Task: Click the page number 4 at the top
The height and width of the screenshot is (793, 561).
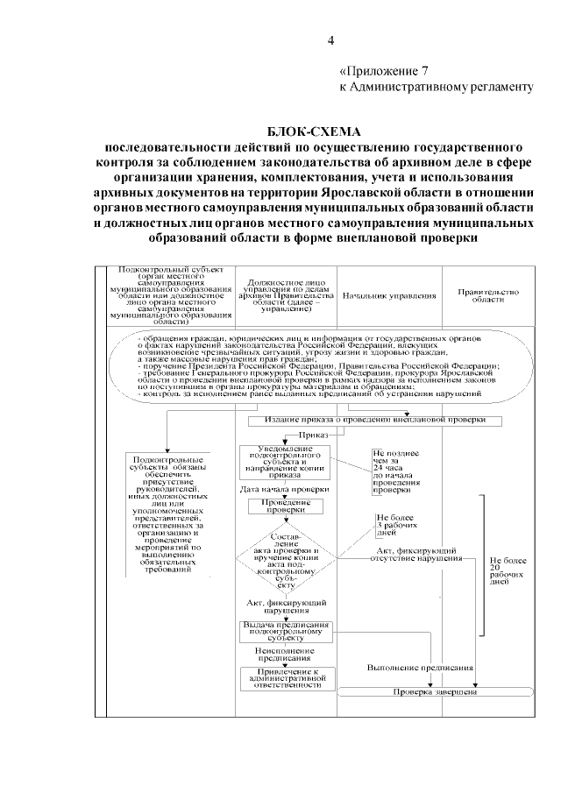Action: pos(330,39)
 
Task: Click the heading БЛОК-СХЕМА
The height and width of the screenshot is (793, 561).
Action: pos(315,130)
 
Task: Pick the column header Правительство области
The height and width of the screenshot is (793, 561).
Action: pos(489,295)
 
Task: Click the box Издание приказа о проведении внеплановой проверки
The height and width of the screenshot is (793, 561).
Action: pos(374,420)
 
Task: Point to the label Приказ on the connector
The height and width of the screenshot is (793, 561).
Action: pos(313,434)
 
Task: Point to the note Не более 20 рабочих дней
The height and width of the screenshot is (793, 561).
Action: pos(507,569)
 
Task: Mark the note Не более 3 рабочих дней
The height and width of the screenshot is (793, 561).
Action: pos(392,524)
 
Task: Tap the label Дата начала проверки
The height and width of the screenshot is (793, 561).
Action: pos(285,488)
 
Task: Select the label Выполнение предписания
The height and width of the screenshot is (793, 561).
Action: pos(421,667)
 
